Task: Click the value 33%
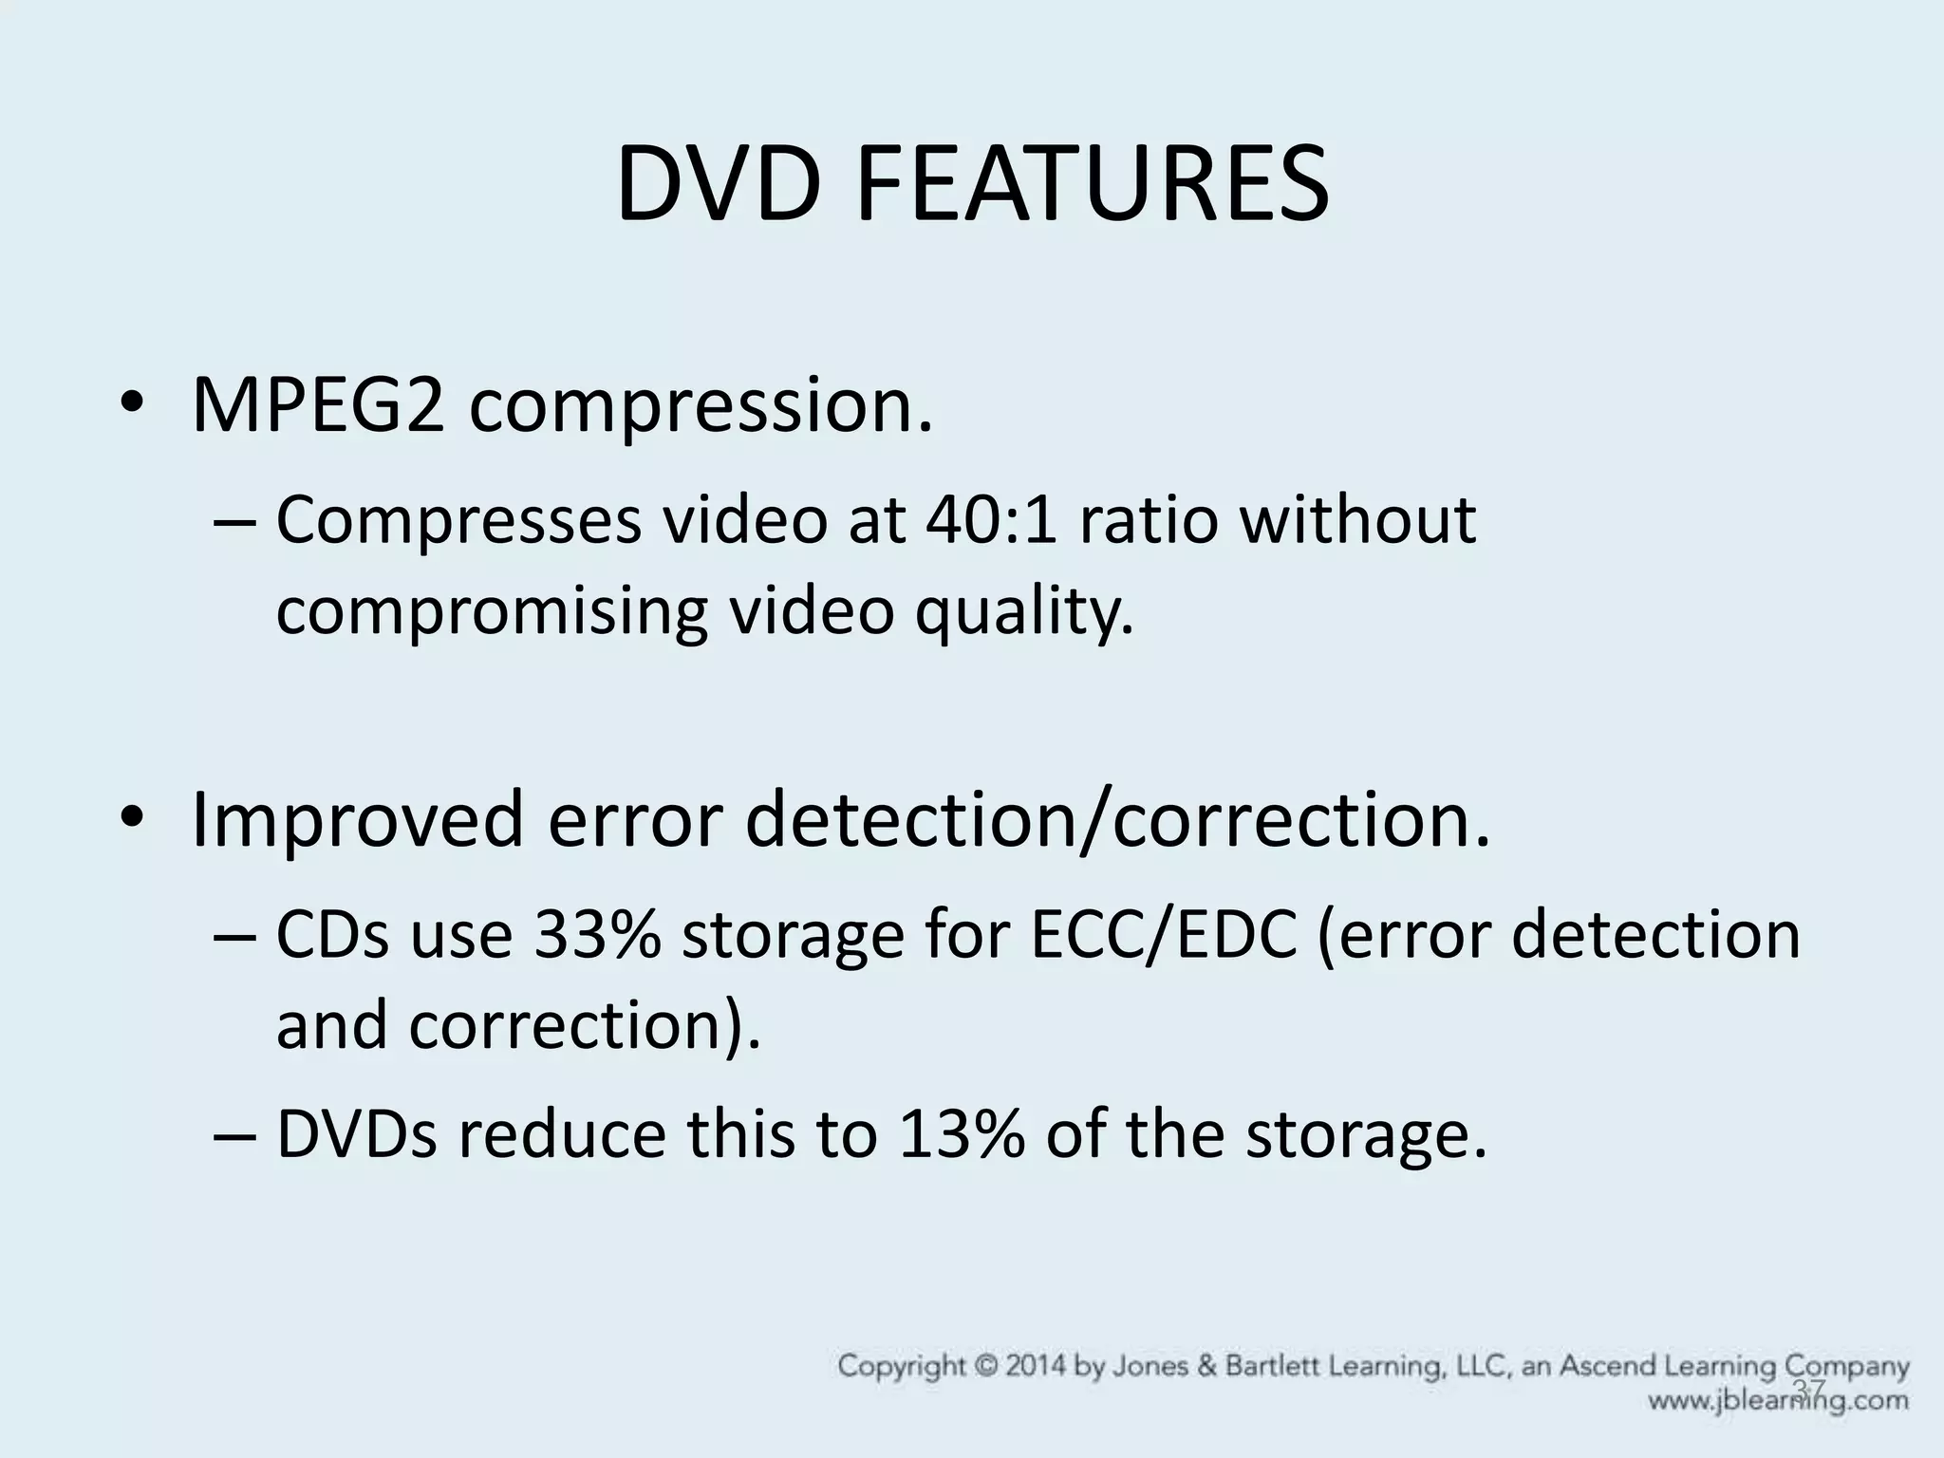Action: tap(597, 935)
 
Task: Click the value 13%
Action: tap(961, 1134)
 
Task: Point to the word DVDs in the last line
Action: tap(356, 1134)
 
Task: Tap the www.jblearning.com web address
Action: tap(1778, 1400)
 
